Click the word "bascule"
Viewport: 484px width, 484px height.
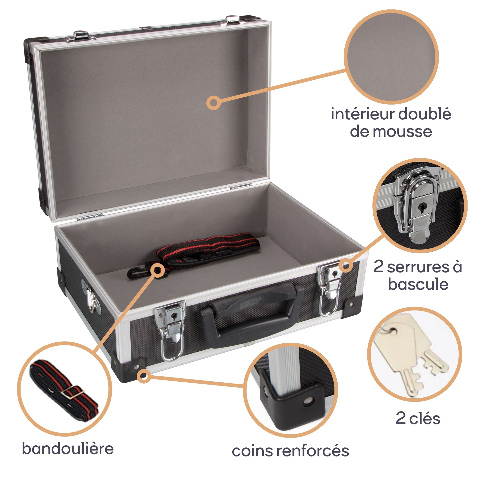pos(418,285)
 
